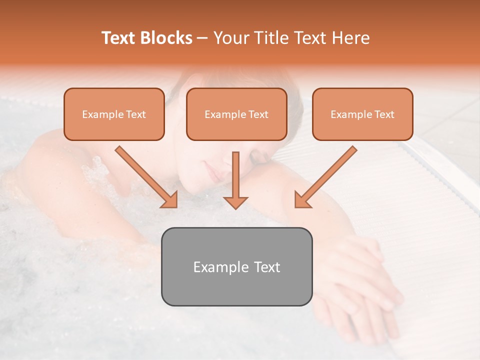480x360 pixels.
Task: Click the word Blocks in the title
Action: point(167,38)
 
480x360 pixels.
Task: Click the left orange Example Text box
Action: point(114,114)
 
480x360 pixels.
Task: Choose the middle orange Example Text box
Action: point(236,114)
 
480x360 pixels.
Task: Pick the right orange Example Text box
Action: point(362,114)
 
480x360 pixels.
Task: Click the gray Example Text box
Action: point(236,266)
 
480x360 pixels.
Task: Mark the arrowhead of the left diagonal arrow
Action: point(170,200)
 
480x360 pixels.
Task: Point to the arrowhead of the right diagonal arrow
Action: point(301,200)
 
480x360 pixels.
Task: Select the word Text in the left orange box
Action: point(136,114)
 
